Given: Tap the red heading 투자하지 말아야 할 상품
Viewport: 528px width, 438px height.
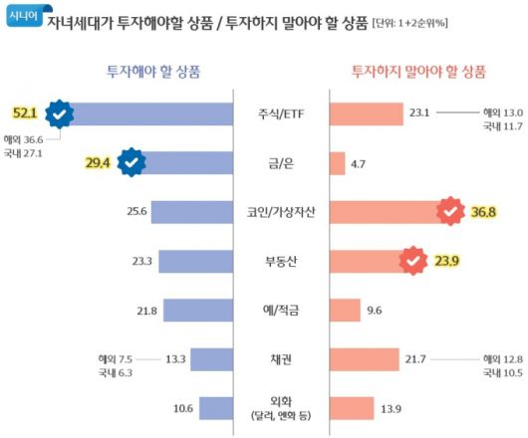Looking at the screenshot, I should point(418,71).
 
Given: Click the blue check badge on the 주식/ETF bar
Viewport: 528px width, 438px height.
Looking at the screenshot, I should point(61,115).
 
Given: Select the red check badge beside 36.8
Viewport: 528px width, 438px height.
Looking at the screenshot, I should point(451,212).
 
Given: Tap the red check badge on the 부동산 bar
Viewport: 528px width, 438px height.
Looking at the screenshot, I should point(413,262).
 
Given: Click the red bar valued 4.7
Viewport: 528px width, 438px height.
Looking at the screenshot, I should point(336,163).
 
